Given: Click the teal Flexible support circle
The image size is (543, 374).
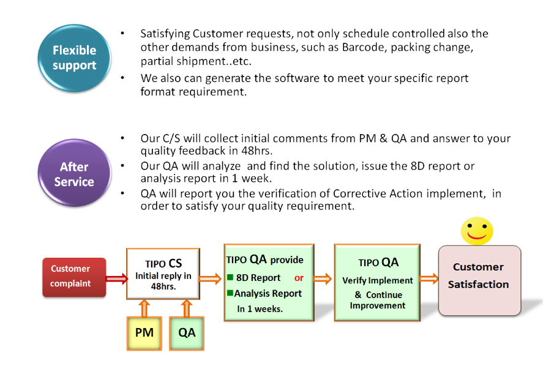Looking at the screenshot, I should [x=74, y=58].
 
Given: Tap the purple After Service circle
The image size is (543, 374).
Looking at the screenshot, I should [x=74, y=174].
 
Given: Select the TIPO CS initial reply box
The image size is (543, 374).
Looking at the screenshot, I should [x=163, y=274].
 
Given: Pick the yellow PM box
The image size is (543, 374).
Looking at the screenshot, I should [x=144, y=333].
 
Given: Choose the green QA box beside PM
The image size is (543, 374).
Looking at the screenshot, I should [x=187, y=333].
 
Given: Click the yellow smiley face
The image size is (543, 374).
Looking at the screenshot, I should [x=476, y=231].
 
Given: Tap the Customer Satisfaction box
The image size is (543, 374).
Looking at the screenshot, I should [x=479, y=281].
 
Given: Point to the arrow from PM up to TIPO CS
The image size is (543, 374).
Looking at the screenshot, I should [x=144, y=307].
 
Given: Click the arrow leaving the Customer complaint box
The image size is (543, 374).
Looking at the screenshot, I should [x=116, y=279].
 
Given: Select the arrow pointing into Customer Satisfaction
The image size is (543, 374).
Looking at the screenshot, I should [x=429, y=279].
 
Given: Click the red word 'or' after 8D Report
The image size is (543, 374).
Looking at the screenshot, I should [x=299, y=278].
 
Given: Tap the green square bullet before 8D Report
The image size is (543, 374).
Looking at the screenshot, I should [x=230, y=278].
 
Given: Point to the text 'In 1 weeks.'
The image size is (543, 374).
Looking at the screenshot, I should [x=260, y=309].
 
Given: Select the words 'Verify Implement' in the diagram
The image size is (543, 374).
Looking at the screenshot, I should [x=378, y=280].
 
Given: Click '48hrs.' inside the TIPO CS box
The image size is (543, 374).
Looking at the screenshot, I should [x=163, y=286].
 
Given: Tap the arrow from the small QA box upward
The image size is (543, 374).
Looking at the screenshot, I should [x=187, y=307].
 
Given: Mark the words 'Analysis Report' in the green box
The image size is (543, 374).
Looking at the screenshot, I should [x=268, y=293].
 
